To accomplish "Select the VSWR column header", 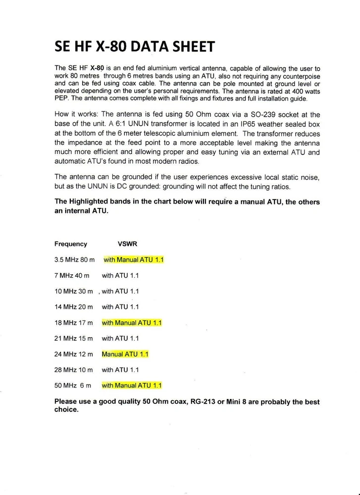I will coord(127,244).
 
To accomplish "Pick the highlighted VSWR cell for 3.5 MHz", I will coord(134,260).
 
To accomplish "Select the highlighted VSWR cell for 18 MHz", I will coord(132,323).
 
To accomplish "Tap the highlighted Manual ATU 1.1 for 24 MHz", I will coord(125,354).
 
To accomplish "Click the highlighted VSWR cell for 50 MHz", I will coord(132,386).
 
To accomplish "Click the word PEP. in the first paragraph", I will coord(60,98).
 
